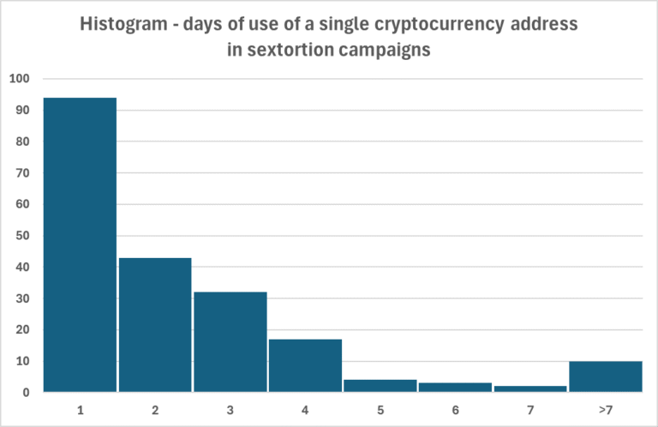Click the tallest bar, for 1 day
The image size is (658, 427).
[x=80, y=244]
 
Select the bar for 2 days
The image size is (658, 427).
[x=155, y=324]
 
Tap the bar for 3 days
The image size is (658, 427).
[x=230, y=341]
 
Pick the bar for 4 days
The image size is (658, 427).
[x=305, y=365]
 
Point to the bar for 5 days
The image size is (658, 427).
[x=380, y=385]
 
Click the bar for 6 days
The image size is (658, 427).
[x=455, y=387]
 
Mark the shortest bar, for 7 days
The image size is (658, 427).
[x=530, y=388]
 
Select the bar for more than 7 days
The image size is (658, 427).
[x=606, y=376]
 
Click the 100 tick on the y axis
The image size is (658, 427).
[x=20, y=79]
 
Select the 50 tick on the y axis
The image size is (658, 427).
[x=23, y=236]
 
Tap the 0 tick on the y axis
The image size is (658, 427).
[x=27, y=393]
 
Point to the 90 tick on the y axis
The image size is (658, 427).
[x=23, y=111]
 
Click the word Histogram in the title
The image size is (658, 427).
[x=121, y=25]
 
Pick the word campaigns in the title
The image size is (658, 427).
[x=386, y=50]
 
